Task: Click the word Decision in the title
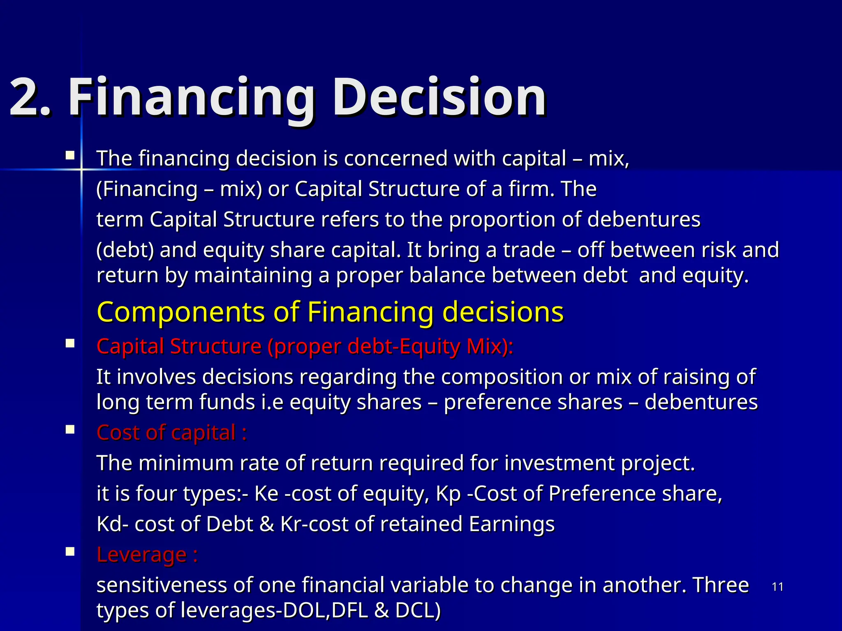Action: point(439,98)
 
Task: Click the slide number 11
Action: point(777,587)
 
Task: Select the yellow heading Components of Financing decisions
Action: point(330,312)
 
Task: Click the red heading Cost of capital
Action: point(171,433)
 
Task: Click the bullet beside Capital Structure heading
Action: point(70,343)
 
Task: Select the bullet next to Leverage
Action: point(70,552)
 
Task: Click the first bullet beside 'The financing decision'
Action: point(70,156)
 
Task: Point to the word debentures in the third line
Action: point(644,219)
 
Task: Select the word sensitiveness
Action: point(161,585)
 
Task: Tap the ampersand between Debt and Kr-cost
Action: point(267,524)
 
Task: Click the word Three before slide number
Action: point(721,585)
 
